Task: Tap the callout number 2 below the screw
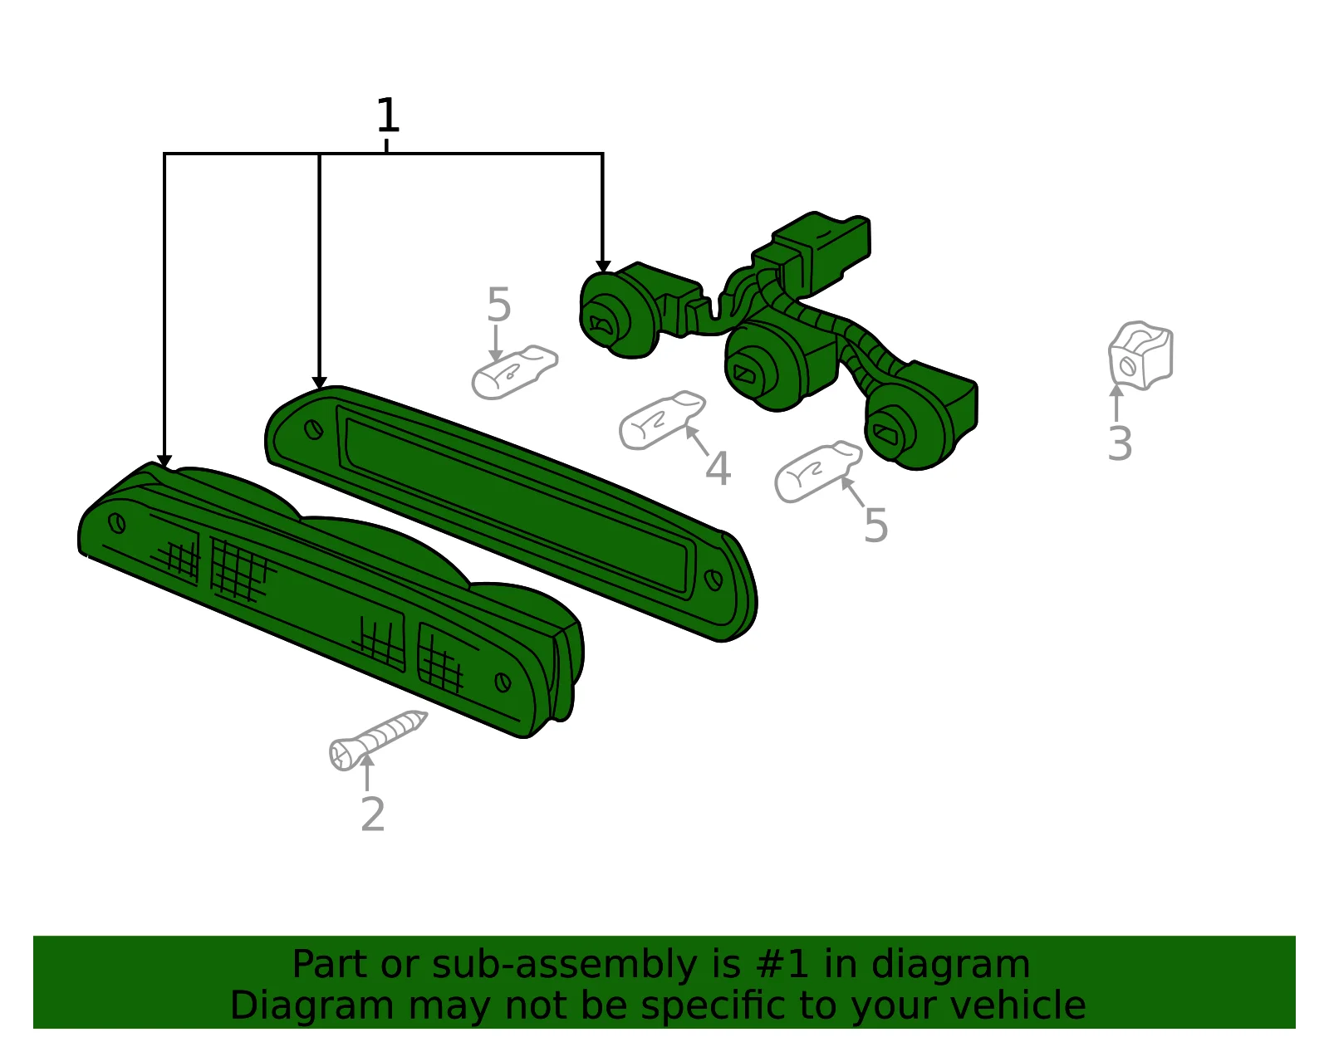[x=373, y=814]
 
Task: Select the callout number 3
[x=1120, y=444]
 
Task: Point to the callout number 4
[x=718, y=469]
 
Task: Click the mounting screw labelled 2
[x=377, y=740]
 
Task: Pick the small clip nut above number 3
[x=1140, y=355]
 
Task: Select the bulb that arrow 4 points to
[x=662, y=420]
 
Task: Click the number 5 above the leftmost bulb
[x=498, y=305]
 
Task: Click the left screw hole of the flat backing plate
[x=314, y=429]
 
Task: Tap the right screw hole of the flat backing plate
[x=714, y=580]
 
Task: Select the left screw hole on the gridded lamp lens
[x=117, y=523]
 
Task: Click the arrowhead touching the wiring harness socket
[x=603, y=267]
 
